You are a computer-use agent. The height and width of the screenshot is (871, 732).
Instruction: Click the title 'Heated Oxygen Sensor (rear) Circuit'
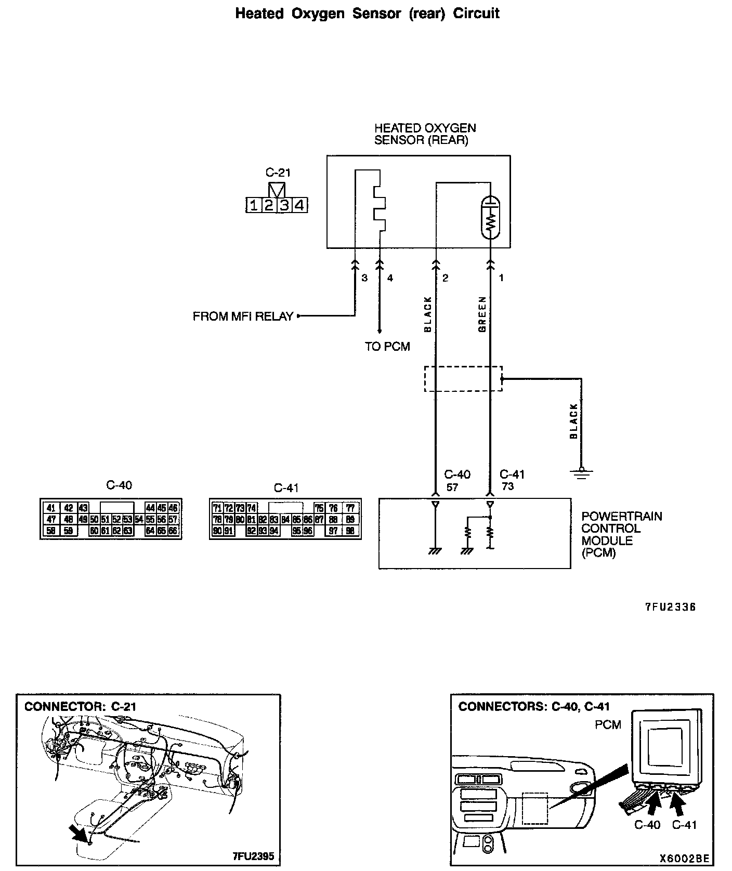[x=367, y=14]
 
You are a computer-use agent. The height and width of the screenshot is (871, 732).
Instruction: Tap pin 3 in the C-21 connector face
[x=284, y=206]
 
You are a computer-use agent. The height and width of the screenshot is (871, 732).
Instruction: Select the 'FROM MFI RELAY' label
[x=243, y=316]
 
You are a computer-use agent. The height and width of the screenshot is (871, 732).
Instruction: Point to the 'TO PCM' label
[x=387, y=347]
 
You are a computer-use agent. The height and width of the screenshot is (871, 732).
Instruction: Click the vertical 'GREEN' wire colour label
[x=482, y=314]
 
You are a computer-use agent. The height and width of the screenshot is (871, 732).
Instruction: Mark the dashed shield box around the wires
[x=463, y=378]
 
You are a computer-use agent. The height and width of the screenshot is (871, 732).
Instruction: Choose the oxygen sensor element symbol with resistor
[x=490, y=217]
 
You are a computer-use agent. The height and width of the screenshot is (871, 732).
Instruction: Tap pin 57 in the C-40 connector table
[x=174, y=519]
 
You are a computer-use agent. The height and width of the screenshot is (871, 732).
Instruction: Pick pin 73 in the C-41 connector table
[x=240, y=508]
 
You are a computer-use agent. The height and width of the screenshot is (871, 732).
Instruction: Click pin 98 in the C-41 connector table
[x=350, y=531]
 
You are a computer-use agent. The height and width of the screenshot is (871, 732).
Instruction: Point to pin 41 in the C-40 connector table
[x=51, y=508]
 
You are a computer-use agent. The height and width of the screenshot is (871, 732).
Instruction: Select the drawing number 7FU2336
[x=670, y=607]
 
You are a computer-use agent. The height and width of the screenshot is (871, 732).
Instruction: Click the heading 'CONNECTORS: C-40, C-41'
[x=534, y=707]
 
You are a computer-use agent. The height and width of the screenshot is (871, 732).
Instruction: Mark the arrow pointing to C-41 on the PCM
[x=676, y=804]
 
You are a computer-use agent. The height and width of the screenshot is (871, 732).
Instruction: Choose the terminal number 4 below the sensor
[x=390, y=278]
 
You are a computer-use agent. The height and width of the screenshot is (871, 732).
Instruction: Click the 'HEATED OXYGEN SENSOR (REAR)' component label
[x=425, y=134]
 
